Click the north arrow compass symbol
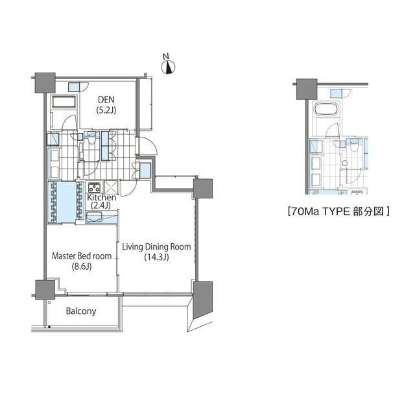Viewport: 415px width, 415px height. pyautogui.click(x=169, y=65)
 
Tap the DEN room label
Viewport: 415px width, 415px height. pyautogui.click(x=107, y=99)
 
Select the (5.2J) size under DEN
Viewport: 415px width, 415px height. pyautogui.click(x=107, y=110)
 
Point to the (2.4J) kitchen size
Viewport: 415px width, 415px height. pyautogui.click(x=100, y=206)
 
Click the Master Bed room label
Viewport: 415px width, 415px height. pyautogui.click(x=81, y=255)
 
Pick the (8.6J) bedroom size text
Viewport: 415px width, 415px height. pyautogui.click(x=82, y=266)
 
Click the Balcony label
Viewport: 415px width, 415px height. pyautogui.click(x=81, y=311)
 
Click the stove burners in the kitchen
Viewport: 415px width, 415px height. pyautogui.click(x=93, y=187)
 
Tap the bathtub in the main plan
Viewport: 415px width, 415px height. pyautogui.click(x=64, y=102)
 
